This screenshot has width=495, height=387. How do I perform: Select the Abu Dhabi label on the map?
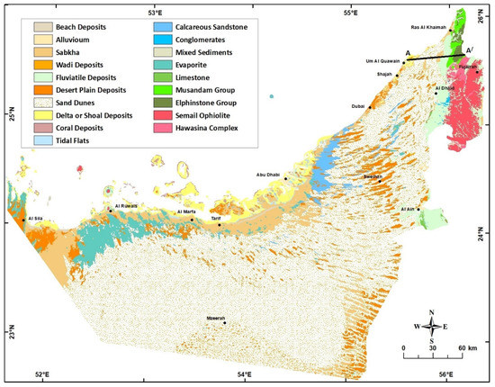click(x=271, y=175)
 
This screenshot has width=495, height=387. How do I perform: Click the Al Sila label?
click(x=37, y=219)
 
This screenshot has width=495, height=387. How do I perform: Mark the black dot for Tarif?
click(x=219, y=224)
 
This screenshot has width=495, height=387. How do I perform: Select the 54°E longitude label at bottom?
click(x=244, y=376)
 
